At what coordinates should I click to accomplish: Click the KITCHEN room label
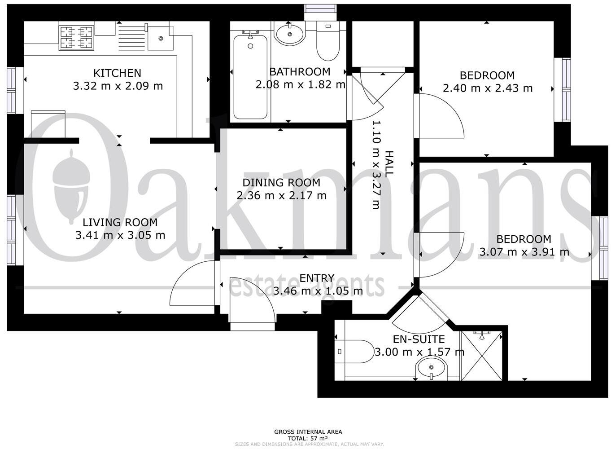[117, 73]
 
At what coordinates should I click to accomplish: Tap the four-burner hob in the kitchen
[76, 37]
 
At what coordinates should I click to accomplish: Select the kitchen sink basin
[160, 38]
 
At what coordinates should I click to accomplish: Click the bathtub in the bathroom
[250, 76]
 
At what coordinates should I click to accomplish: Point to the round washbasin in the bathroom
[289, 34]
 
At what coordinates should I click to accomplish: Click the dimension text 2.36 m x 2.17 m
[281, 195]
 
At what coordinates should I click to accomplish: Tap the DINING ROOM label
[281, 183]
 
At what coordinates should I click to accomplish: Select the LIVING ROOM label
[120, 222]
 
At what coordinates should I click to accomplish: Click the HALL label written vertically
[389, 164]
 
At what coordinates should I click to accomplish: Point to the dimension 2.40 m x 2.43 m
[487, 88]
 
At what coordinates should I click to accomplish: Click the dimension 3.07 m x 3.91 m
[524, 252]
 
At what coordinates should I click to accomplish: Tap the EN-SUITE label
[419, 339]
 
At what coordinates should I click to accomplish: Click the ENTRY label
[317, 278]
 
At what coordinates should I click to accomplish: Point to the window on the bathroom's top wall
[320, 9]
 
